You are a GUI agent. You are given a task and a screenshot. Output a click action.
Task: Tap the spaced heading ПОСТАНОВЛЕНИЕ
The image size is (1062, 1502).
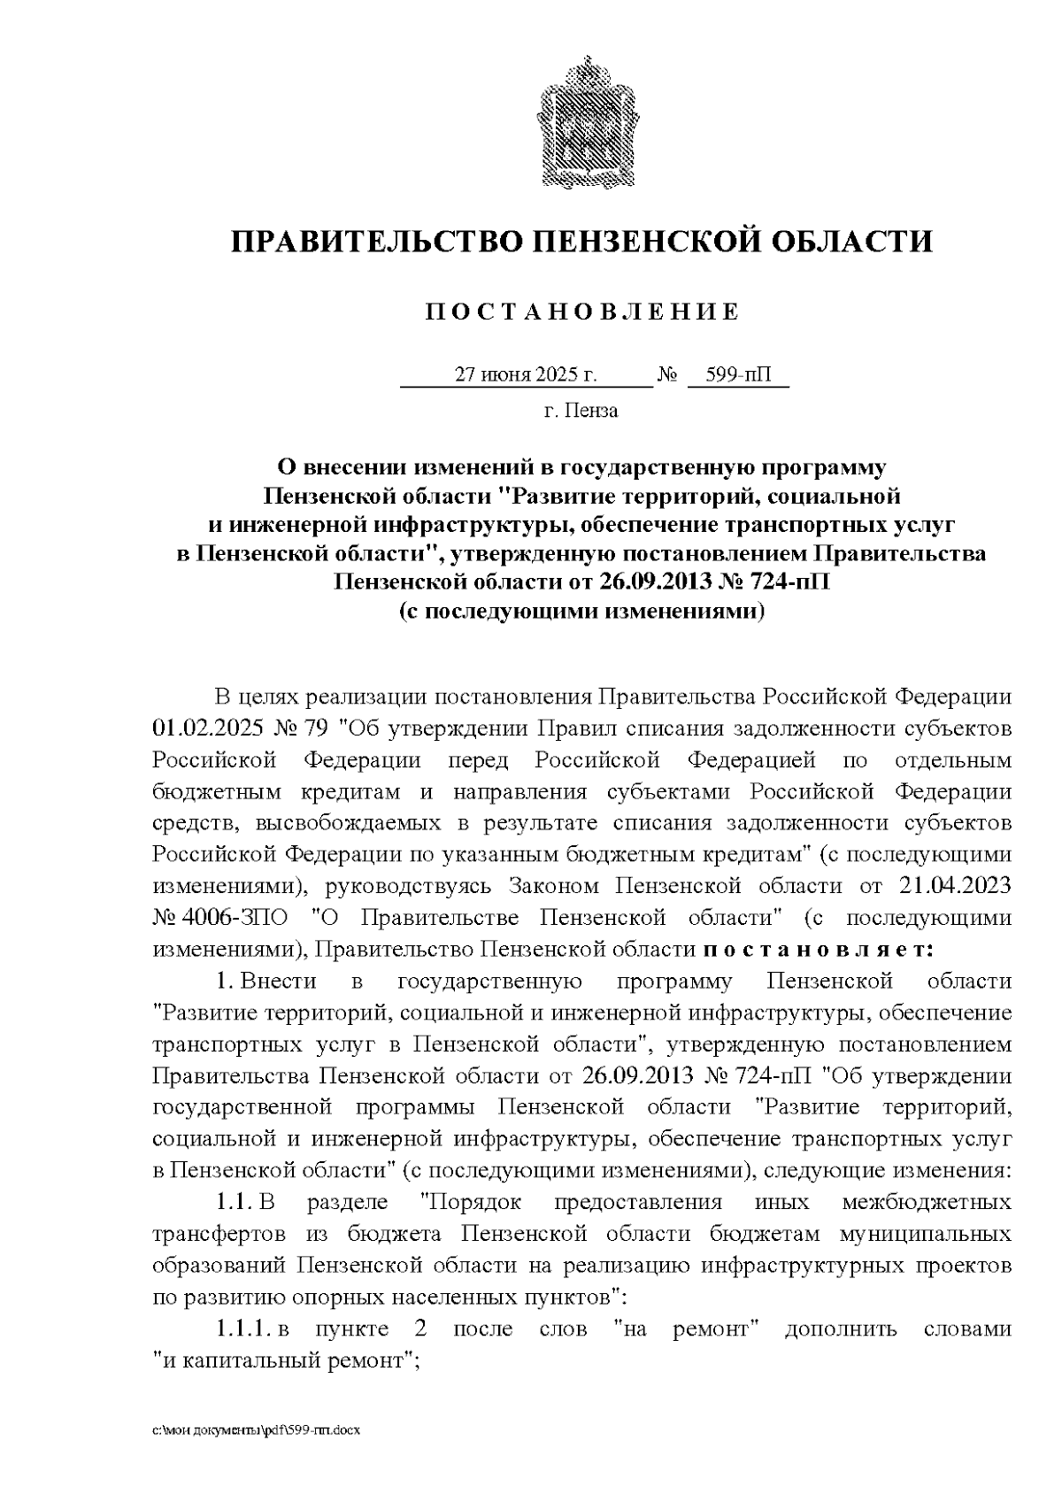[581, 312]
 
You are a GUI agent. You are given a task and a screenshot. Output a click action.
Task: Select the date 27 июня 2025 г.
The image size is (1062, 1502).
[526, 375]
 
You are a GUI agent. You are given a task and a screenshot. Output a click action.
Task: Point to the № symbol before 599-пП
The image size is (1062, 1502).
[667, 375]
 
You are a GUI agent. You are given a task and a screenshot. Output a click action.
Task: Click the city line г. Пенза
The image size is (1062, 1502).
[581, 411]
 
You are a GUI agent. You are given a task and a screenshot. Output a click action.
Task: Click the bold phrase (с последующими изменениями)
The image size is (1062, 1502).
[581, 612]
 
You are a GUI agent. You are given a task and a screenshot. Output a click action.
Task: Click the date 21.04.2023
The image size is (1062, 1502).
[955, 886]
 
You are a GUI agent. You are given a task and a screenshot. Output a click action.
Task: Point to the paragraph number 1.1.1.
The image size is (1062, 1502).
[242, 1329]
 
